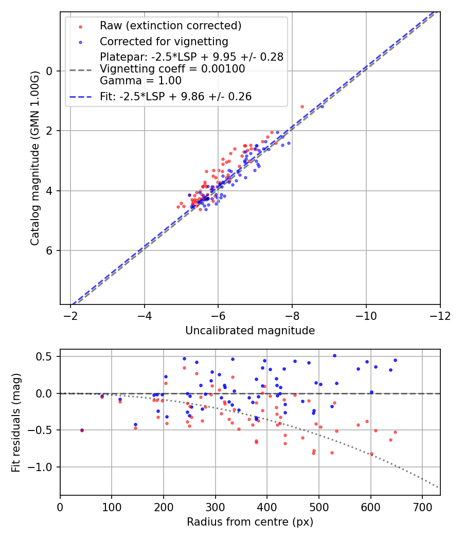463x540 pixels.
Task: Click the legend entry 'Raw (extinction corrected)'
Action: [170, 26]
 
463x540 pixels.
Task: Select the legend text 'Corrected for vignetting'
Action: [164, 41]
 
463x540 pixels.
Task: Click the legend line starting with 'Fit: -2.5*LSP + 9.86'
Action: [175, 96]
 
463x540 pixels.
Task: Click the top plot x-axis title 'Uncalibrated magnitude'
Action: [250, 331]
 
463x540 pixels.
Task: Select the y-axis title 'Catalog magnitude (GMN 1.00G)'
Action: [34, 157]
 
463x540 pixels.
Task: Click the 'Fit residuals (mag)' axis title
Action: [16, 422]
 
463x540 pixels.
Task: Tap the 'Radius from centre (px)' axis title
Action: [250, 522]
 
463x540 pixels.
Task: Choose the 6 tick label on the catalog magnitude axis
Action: [50, 250]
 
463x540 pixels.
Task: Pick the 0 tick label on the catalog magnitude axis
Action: [50, 71]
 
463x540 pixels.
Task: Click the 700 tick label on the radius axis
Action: [422, 507]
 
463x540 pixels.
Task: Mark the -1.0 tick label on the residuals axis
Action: [43, 467]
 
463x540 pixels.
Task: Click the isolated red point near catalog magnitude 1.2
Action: [302, 106]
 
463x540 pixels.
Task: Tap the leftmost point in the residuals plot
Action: [82, 430]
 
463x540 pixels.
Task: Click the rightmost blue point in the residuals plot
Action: [395, 360]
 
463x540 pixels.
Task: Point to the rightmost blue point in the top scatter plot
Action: [322, 106]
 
